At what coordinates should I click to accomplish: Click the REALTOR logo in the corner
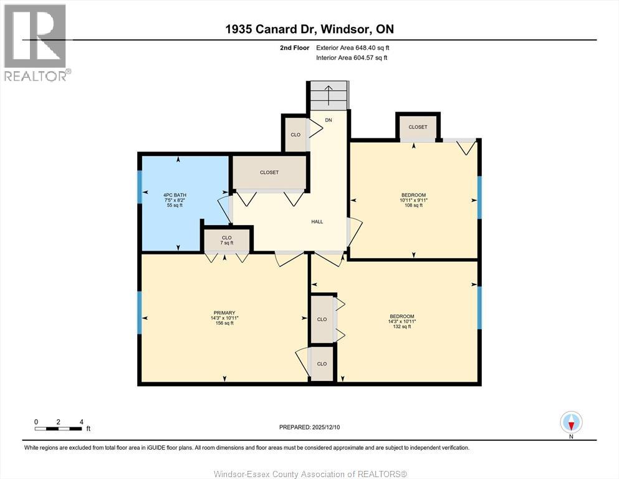36,42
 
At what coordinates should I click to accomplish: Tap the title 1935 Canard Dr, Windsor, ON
309,29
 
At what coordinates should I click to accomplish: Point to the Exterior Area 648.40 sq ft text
357,47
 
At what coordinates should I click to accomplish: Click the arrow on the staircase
329,95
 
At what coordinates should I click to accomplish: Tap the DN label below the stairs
329,120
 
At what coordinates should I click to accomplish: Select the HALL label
317,221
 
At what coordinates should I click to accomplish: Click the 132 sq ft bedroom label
402,321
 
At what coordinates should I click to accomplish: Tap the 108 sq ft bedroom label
413,200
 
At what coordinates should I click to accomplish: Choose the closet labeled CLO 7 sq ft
227,239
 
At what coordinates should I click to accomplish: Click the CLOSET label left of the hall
269,172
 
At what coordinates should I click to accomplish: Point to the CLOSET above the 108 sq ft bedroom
418,127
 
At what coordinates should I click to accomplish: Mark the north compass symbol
571,423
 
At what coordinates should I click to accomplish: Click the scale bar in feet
59,428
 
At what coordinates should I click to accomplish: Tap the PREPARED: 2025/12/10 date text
310,427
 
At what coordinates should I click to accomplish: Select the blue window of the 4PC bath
140,186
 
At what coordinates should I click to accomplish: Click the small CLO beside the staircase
295,135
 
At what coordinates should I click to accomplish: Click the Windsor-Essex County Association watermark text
310,474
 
